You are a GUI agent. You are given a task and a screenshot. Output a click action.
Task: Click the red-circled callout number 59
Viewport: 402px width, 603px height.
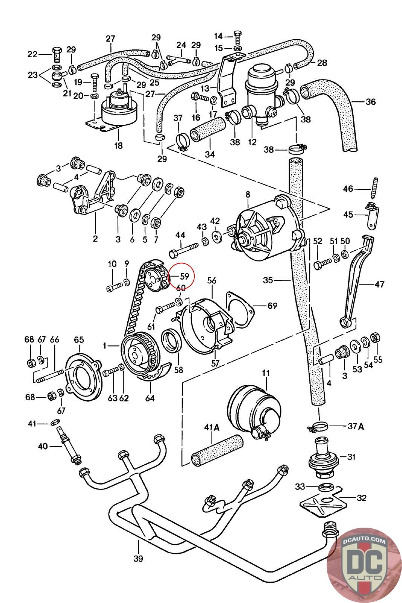184,276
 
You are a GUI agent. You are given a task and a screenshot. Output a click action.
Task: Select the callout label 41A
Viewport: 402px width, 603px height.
211,427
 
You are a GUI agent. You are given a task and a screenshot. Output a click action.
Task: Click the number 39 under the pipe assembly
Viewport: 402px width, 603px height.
138,558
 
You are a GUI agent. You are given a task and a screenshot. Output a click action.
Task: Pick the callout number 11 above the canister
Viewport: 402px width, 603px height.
266,373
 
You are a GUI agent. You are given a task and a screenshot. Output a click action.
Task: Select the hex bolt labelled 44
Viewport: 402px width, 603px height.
184,249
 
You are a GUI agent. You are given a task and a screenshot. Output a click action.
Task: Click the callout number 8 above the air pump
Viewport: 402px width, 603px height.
248,195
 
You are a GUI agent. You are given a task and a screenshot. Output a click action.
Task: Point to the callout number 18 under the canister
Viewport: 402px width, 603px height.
118,145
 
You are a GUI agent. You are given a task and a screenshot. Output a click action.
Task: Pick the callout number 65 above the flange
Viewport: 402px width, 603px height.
79,340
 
